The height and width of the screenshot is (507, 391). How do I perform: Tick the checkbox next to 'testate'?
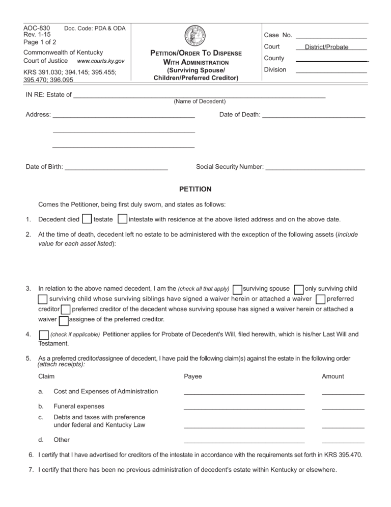pos(87,219)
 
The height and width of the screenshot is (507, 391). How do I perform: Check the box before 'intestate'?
pos(122,219)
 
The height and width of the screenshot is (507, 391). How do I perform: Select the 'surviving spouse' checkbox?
pos(237,289)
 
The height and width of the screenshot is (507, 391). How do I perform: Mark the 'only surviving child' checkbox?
pos(299,289)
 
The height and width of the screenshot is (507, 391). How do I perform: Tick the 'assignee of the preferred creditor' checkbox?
pos(64,320)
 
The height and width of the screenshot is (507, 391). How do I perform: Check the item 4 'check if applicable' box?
pos(43,335)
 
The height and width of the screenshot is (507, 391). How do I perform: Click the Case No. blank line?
pos(331,35)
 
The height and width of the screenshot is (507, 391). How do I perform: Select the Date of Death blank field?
pos(314,115)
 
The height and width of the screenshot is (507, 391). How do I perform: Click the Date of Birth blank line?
pos(117,167)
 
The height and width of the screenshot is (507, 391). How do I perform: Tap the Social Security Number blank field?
pos(315,167)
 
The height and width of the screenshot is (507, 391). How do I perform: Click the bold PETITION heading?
pos(195,189)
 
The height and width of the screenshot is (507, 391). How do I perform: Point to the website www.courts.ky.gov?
pos(100,61)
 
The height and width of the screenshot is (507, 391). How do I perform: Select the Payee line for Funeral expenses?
pos(244,407)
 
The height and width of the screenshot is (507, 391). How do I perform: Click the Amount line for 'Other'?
pos(343,440)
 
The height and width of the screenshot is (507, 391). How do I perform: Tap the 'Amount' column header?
pos(332,376)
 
